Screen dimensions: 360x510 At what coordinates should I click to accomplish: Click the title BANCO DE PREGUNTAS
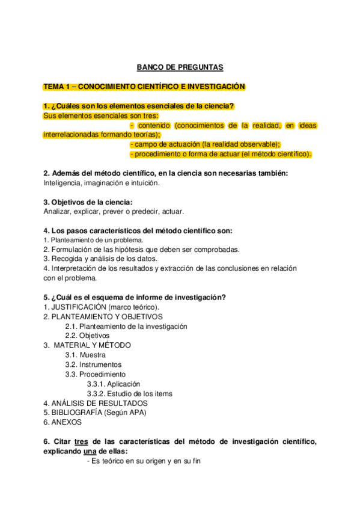pos(180,68)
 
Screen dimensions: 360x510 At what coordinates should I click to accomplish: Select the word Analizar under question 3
pos(57,212)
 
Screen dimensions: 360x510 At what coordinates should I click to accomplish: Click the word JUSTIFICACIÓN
pos(75,307)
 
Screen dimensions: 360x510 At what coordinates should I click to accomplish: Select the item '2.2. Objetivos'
pos(88,336)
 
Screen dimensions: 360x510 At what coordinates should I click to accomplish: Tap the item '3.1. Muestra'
pos(85,355)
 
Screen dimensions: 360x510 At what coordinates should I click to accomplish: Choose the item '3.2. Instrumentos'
pos(94,364)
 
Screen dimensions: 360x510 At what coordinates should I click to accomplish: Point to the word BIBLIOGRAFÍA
pos(76,413)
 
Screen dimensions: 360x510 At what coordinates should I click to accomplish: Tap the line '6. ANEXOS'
pos(63,422)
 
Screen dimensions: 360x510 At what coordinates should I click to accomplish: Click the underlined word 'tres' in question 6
pos(74,441)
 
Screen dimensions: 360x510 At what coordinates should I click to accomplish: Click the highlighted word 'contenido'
pos(154,126)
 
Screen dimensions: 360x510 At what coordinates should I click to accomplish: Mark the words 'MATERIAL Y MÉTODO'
pos(92,345)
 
